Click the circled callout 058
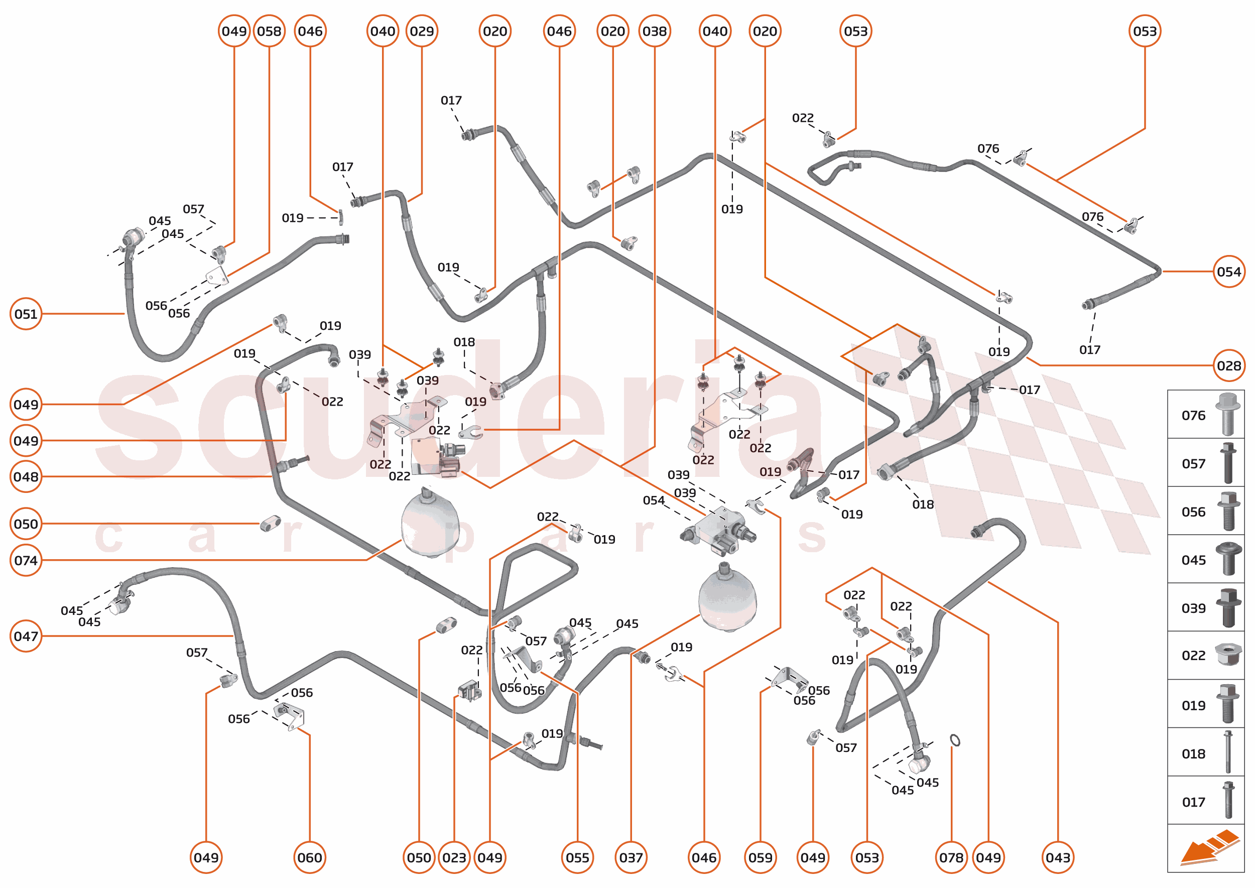(269, 31)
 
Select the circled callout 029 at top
(422, 31)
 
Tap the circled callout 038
(654, 31)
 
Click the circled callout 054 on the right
(1228, 272)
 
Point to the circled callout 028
(1228, 366)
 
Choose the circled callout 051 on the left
(26, 314)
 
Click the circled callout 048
(26, 477)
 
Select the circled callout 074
(26, 561)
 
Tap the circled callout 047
(26, 637)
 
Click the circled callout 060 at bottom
(310, 857)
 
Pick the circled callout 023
(454, 857)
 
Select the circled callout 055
(577, 857)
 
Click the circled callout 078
(951, 857)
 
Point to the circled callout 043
(1058, 857)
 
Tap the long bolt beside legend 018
(1228, 752)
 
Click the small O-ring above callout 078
(955, 740)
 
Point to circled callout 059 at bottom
(760, 857)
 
